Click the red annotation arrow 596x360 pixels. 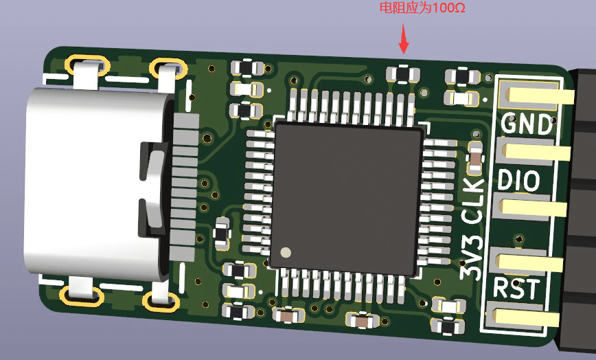pos(404,38)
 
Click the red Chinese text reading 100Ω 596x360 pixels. pos(422,8)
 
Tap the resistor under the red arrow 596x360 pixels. pos(403,74)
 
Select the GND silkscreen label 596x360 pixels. pos(527,124)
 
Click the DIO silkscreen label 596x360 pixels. pos(518,180)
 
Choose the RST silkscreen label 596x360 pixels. pos(516,289)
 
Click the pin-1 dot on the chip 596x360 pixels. pos(286,252)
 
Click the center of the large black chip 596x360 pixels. pos(347,198)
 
